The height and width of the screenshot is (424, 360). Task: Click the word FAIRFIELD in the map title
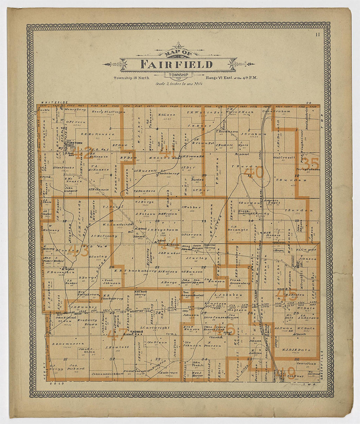coord(176,64)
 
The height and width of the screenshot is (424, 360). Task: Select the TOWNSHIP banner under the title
coord(178,75)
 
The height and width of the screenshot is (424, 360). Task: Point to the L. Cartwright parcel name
coord(155,327)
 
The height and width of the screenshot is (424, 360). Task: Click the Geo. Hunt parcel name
coord(293,376)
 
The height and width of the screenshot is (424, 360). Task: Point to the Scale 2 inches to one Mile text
coord(179,84)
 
